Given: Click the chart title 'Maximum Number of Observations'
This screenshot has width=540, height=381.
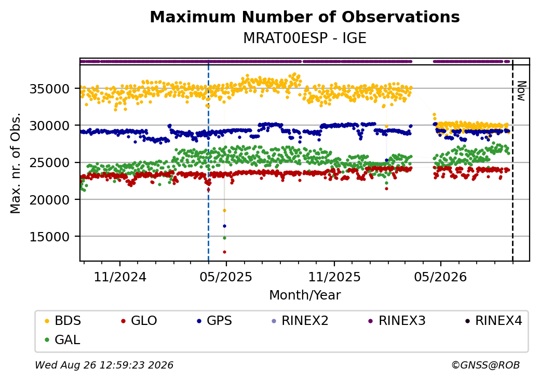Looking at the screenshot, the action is point(305,17).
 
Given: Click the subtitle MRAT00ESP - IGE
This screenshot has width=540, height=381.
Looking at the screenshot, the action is point(305,38).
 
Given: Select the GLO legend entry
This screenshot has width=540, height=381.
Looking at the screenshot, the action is point(139,321).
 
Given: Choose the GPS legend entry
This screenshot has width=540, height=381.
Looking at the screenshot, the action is point(214,321).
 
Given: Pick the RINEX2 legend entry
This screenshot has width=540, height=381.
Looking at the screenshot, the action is point(300,321).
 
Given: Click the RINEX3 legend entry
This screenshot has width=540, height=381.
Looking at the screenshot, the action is point(397,321).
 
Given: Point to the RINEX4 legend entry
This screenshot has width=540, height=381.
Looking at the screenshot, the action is point(494,321).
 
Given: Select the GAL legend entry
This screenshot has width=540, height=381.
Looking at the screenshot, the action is point(63,339).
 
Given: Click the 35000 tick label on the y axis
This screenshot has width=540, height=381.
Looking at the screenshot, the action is point(50,89).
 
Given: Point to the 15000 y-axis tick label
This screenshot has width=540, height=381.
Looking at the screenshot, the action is point(50,237).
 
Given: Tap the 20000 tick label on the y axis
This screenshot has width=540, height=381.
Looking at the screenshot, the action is point(50,200).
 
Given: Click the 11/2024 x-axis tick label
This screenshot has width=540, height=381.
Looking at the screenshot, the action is point(120,277).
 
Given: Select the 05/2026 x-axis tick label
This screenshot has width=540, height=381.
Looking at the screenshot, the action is point(440,277).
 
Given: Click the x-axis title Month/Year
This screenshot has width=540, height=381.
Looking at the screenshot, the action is point(305,295).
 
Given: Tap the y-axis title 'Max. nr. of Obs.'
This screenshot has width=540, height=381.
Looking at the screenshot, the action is point(16,163).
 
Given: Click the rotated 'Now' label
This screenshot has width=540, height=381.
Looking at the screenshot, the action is point(522,91).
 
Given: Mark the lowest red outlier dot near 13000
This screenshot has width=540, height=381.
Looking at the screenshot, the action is point(224,252).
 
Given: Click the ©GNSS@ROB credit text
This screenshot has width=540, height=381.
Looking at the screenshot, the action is point(485,365).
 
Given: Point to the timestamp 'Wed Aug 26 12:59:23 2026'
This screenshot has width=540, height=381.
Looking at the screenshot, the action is point(104,365).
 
